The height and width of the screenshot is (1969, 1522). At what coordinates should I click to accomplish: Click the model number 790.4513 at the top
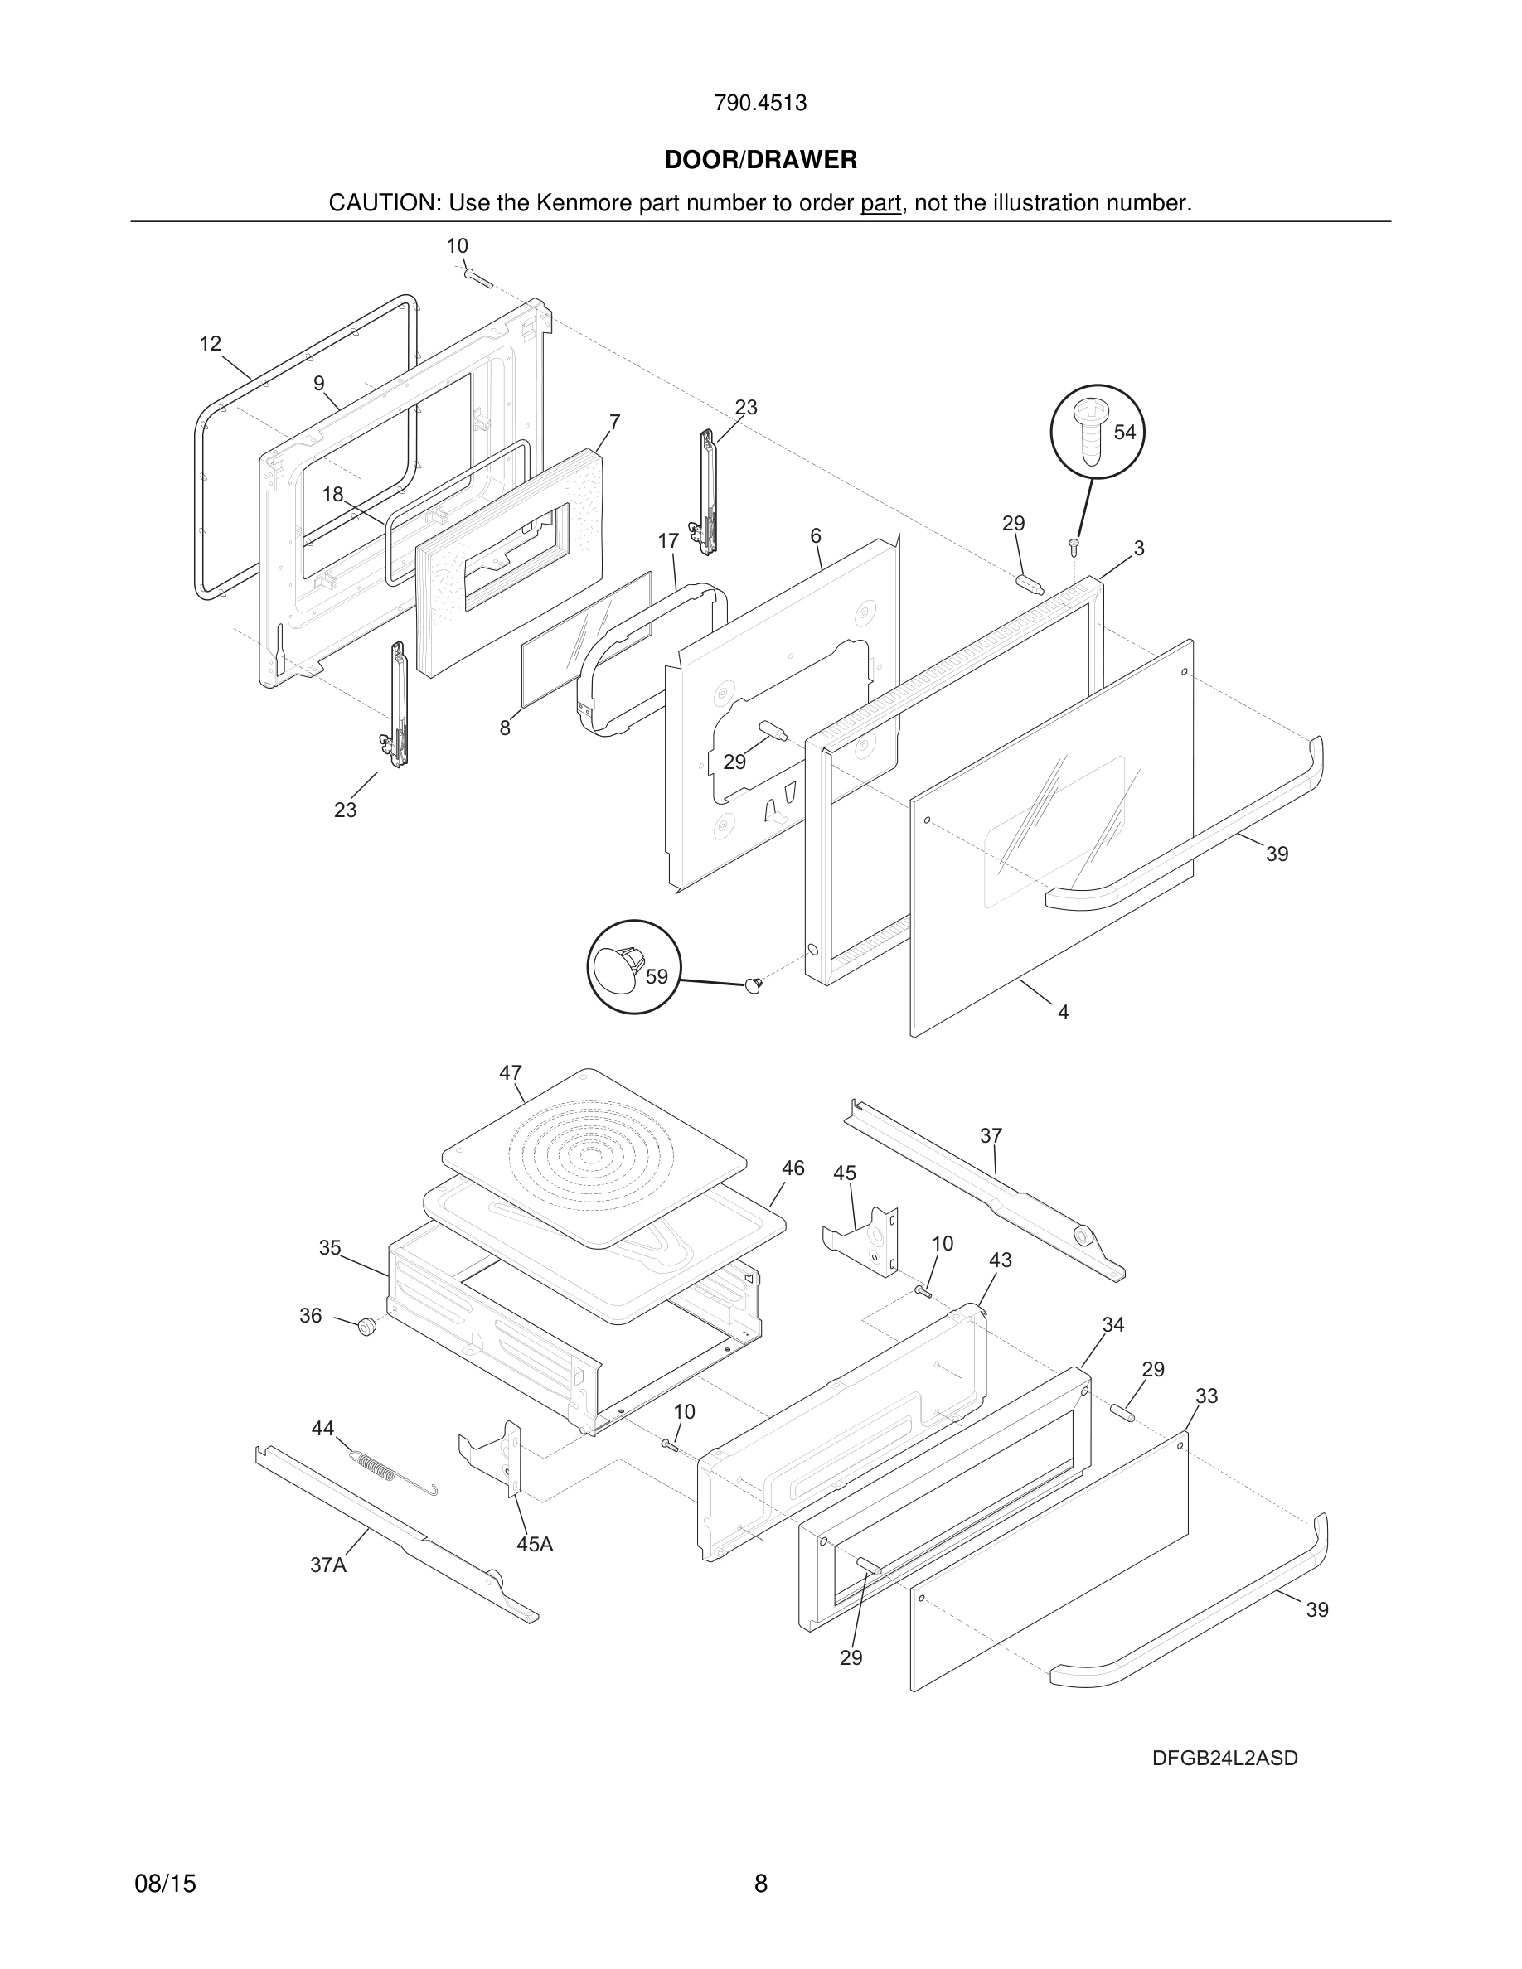pos(760,104)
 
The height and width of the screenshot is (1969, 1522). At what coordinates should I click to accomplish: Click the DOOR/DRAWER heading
pos(760,161)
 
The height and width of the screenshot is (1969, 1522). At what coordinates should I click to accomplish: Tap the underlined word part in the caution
pos(880,204)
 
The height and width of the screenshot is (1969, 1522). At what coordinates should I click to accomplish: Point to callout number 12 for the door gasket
pos(210,343)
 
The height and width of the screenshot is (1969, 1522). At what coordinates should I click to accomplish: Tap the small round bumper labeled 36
pos(366,1326)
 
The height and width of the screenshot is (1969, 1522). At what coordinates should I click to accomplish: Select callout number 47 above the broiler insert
pos(511,1073)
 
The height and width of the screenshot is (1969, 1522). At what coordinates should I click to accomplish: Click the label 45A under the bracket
pos(535,1545)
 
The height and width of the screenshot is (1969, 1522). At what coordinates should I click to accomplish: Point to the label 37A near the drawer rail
pos(328,1565)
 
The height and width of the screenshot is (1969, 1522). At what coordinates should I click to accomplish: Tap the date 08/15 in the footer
pos(165,1884)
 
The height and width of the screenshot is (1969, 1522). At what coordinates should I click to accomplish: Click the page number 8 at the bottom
pos(760,1884)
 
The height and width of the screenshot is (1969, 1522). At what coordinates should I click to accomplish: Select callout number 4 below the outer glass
pos(1063,1013)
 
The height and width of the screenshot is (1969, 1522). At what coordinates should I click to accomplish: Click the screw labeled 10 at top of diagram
pos(477,278)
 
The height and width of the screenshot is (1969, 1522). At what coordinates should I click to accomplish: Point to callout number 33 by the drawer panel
pos(1206,1396)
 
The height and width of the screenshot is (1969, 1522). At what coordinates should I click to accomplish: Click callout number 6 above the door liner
pos(815,536)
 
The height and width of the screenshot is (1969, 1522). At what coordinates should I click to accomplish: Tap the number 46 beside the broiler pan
pos(793,1168)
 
